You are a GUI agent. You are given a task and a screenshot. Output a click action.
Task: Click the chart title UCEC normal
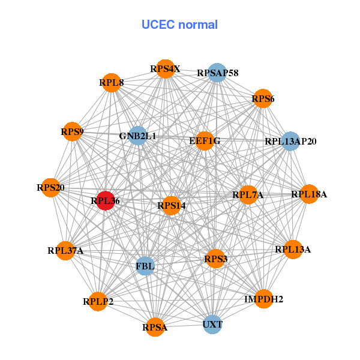pos(179,25)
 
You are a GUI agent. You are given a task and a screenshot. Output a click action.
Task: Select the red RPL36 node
pos(106,202)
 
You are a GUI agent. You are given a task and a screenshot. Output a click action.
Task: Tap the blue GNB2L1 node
pos(138,136)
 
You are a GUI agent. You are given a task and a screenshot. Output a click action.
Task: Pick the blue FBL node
pos(145,265)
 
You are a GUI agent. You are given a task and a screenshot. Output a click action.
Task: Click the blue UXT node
pos(212,325)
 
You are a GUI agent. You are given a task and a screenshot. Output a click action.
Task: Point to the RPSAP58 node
pos(217,73)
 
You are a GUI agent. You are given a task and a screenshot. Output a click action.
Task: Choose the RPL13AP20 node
pos(290,142)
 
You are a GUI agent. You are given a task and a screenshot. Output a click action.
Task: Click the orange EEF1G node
pos(205,141)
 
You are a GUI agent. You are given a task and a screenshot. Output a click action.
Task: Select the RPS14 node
pos(172,206)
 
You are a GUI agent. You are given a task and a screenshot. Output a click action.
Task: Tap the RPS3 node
pos(215,259)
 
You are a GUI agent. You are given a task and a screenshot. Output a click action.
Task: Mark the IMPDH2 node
pos(263,298)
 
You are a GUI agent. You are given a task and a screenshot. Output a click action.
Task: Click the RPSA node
pos(155,327)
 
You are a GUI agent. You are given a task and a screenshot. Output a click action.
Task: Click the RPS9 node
pos(73,131)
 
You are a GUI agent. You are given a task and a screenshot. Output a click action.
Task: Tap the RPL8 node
pos(112,82)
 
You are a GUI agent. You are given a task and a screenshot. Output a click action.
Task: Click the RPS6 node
pos(263,98)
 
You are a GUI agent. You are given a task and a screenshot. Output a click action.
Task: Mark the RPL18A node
pos(309,194)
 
